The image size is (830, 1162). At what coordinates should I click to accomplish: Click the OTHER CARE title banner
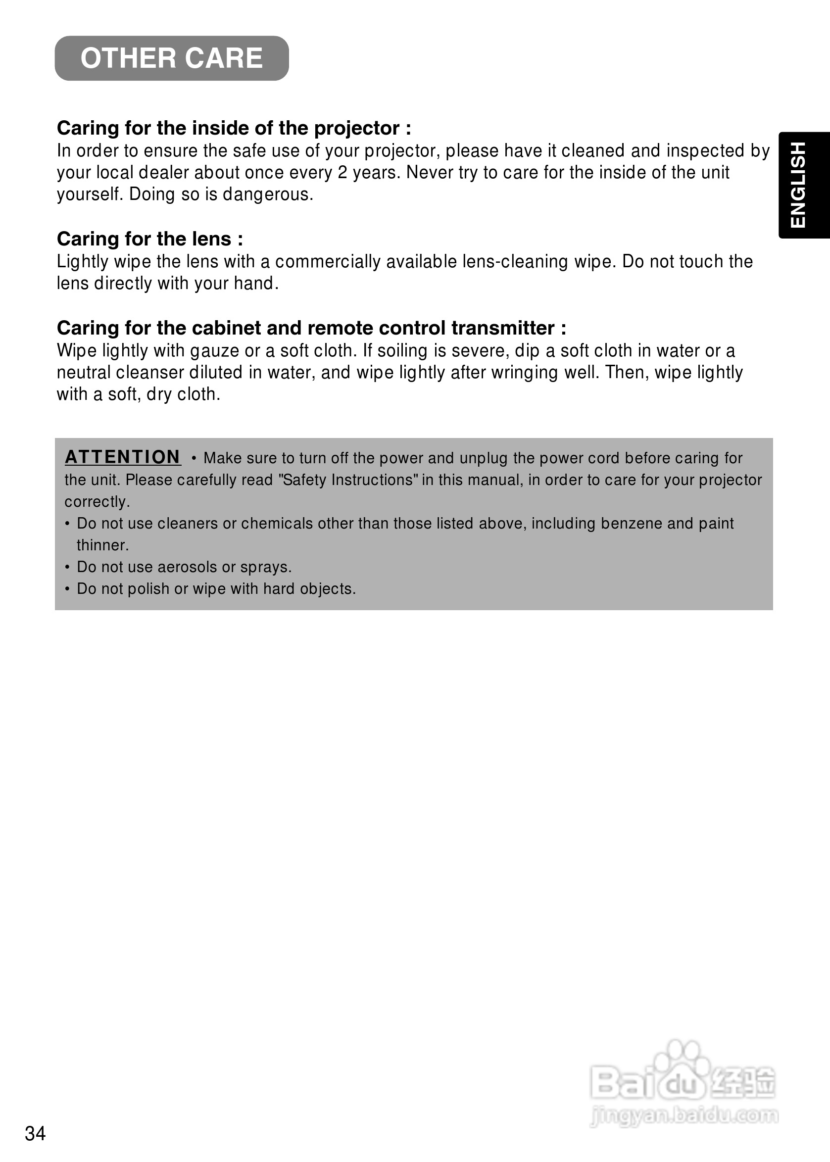click(172, 58)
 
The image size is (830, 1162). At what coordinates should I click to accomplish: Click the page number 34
click(35, 1133)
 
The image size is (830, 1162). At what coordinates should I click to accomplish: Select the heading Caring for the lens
click(150, 239)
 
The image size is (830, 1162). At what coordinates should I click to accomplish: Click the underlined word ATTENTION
click(123, 457)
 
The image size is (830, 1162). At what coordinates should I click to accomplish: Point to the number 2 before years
click(342, 173)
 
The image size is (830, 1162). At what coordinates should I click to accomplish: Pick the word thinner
click(102, 546)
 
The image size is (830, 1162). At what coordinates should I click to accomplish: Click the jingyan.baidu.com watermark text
click(684, 1115)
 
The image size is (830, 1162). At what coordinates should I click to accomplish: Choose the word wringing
click(524, 373)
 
